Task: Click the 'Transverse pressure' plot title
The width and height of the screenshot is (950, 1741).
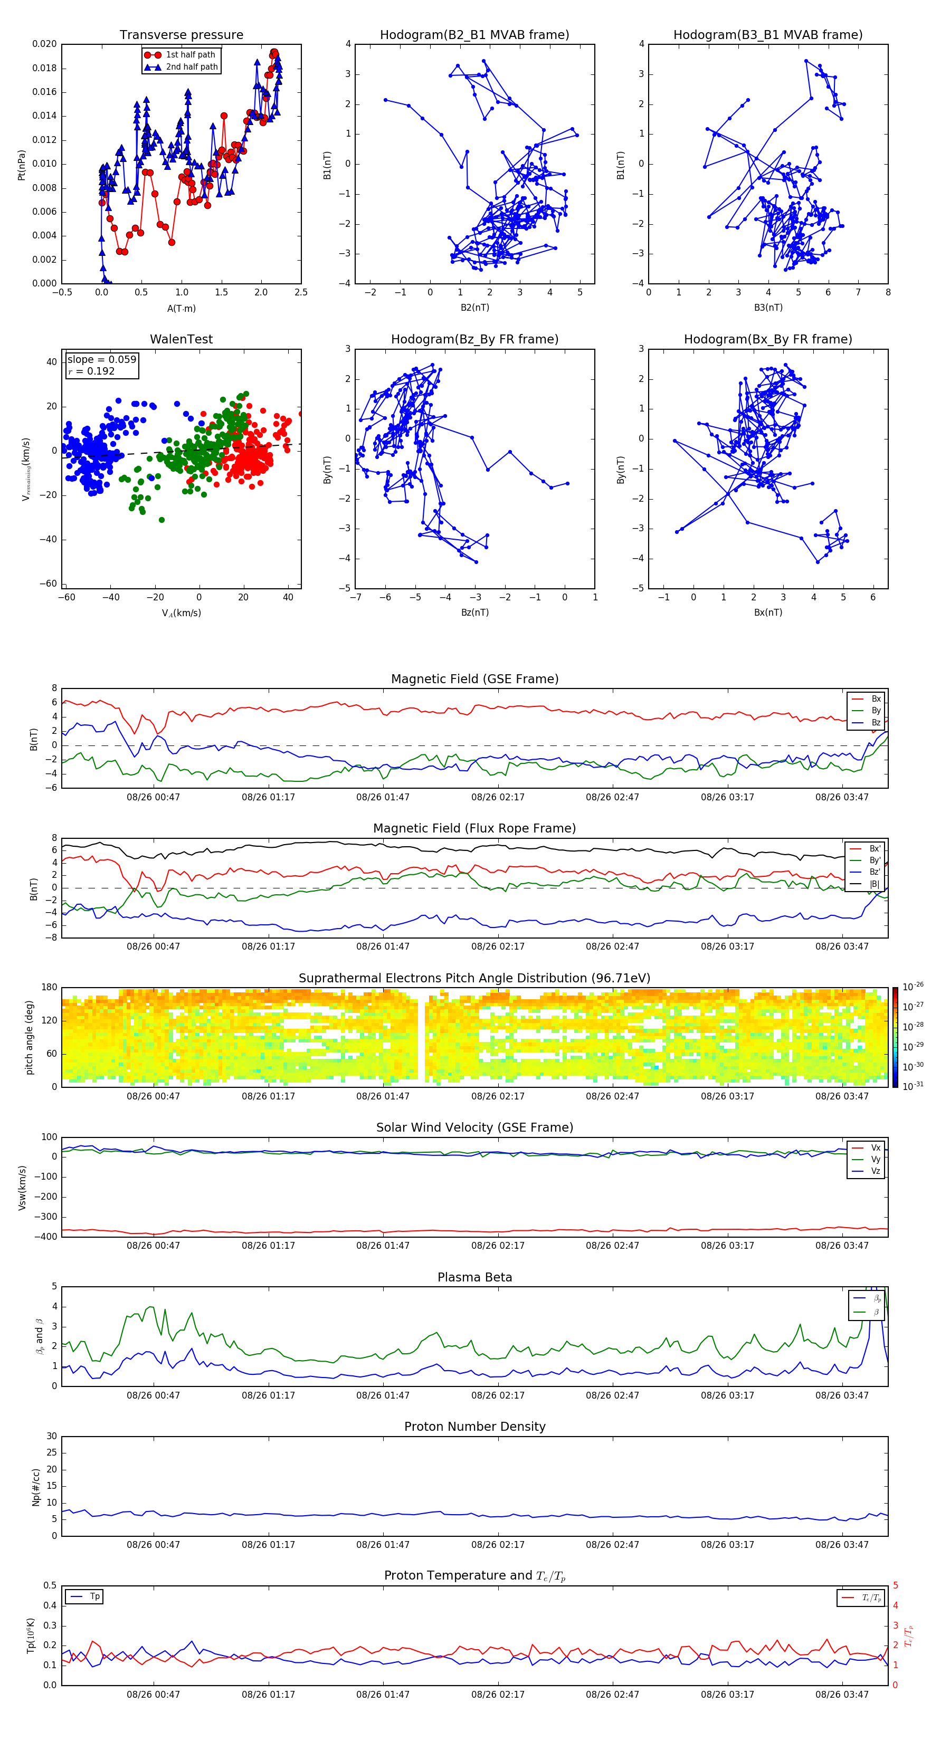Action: pos(181,35)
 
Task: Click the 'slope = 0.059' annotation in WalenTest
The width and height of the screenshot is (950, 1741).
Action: pos(101,360)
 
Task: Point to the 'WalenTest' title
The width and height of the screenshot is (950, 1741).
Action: pos(181,339)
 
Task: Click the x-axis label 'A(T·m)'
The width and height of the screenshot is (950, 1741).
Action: pos(181,309)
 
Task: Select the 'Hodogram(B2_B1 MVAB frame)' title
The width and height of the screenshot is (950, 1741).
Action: pos(474,35)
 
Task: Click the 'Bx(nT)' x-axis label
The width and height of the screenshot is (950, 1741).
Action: pos(767,613)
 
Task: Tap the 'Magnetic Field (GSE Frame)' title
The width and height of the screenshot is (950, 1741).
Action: pos(474,679)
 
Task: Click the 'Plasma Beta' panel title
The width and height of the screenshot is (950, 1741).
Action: pos(474,1277)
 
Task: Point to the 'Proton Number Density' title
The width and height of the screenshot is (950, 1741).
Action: pos(474,1427)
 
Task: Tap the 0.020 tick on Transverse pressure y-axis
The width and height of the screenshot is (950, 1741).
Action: pos(45,45)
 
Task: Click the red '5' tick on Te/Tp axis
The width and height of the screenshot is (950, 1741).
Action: pos(895,1585)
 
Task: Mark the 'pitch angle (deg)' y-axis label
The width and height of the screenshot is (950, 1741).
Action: pos(30,1037)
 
